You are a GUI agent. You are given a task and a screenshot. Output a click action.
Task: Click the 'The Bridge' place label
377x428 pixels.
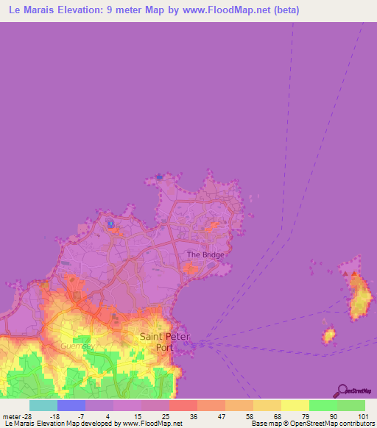[205, 254]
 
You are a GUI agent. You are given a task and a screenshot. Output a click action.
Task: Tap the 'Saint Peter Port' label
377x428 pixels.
[164, 341]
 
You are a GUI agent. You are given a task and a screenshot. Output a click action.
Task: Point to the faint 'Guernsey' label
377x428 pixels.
[75, 345]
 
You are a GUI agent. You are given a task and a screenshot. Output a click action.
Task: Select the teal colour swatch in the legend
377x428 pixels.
[43, 405]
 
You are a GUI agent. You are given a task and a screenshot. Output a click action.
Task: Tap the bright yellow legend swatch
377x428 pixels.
[295, 405]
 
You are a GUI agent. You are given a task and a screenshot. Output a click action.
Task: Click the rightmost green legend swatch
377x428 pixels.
[350, 405]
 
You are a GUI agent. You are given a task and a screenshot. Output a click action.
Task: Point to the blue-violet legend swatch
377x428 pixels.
[71, 405]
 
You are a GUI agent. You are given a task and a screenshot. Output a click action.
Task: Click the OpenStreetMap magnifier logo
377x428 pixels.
[342, 390]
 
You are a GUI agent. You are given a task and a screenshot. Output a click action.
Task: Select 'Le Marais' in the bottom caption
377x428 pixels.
[16, 424]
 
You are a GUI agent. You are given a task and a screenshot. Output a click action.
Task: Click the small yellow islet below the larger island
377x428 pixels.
[328, 335]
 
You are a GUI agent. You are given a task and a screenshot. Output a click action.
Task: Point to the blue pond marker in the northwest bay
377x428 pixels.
[110, 223]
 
